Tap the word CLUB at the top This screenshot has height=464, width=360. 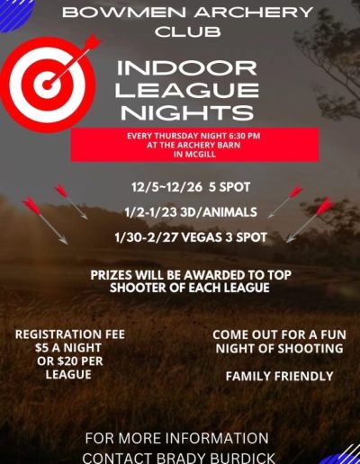pyautogui.click(x=188, y=31)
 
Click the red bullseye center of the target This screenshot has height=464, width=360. pyautogui.click(x=48, y=85)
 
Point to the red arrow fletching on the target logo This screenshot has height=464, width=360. pyautogui.click(x=93, y=42)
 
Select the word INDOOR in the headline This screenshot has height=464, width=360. pyautogui.click(x=187, y=68)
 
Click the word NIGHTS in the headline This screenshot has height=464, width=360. pyautogui.click(x=187, y=112)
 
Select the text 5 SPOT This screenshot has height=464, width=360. pyautogui.click(x=229, y=187)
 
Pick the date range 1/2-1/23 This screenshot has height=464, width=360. pyautogui.click(x=151, y=212)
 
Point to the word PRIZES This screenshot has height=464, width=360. pyautogui.click(x=112, y=275)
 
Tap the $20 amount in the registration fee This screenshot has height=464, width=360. pyautogui.click(x=67, y=361)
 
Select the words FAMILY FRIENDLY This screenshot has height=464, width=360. pyautogui.click(x=279, y=376)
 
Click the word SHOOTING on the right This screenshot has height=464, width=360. pyautogui.click(x=310, y=349)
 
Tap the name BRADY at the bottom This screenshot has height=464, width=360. pyautogui.click(x=182, y=458)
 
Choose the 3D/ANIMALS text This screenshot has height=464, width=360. pyautogui.click(x=219, y=212)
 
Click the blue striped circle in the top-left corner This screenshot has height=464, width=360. pyautogui.click(x=13, y=13)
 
